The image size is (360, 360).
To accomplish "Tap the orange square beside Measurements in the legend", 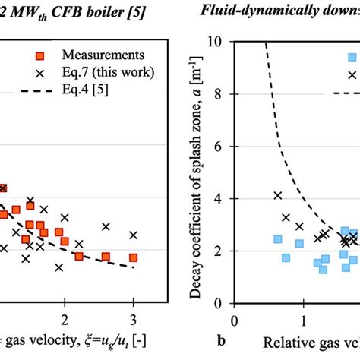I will pos(46,55).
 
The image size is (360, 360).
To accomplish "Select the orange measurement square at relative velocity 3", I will pos(134,257).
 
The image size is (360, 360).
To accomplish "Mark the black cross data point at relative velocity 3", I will pos(134,235).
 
